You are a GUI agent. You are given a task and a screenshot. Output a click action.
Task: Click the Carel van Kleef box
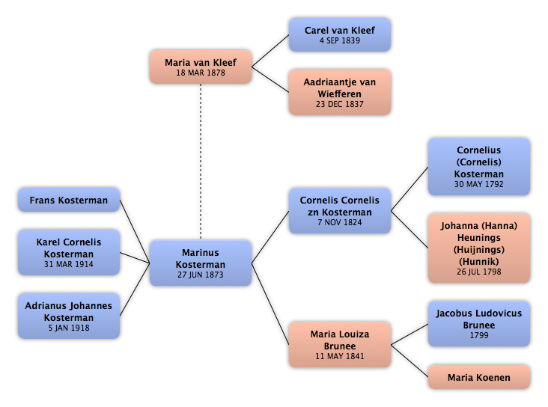[340, 34]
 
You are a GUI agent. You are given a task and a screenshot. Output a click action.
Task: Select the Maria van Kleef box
[201, 67]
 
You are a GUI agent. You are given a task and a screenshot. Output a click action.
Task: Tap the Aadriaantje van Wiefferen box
[340, 92]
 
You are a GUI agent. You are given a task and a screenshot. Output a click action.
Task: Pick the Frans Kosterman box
[69, 200]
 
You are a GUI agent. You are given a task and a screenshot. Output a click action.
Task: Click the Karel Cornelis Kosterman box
[69, 252]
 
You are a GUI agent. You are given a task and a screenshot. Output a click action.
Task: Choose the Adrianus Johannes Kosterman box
[69, 316]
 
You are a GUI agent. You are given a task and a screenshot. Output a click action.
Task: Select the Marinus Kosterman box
[201, 263]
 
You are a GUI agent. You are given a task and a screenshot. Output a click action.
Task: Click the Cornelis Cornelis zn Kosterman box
[340, 211]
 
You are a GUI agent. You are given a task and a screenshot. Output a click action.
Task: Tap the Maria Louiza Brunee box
[340, 344]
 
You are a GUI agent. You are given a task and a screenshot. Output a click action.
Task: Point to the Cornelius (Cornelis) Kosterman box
[479, 167]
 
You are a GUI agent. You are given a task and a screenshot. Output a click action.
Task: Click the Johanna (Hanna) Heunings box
[479, 248]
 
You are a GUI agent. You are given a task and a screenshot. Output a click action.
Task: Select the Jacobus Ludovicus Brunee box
[479, 324]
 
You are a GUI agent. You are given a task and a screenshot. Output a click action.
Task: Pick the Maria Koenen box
[479, 377]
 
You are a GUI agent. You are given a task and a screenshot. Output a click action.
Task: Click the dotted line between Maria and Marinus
[201, 162]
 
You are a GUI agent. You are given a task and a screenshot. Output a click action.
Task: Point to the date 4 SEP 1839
[340, 40]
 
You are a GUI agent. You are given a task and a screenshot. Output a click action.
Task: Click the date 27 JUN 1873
[200, 275]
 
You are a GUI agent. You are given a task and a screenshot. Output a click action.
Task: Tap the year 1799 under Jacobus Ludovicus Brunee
[479, 335]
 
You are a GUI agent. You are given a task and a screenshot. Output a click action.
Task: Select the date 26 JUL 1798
[479, 272]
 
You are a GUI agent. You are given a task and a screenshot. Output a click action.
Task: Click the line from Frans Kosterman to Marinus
[135, 231]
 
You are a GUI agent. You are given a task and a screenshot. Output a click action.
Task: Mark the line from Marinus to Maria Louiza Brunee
[270, 304]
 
